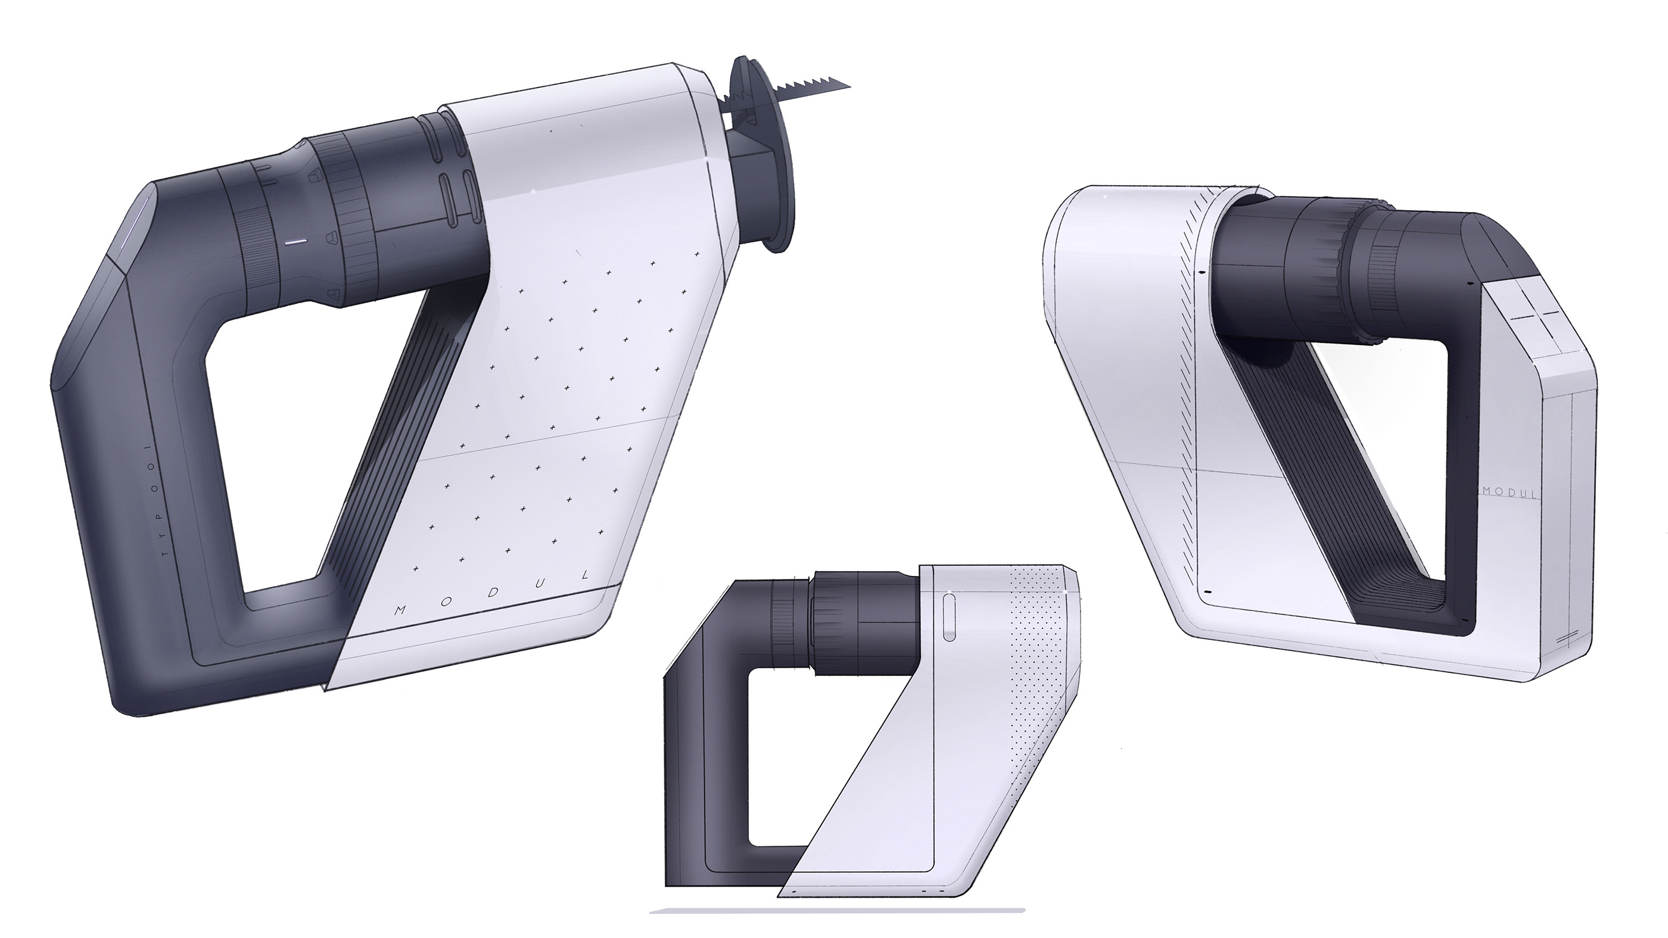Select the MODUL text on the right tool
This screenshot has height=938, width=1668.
(1509, 493)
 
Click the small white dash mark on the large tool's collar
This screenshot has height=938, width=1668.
(295, 242)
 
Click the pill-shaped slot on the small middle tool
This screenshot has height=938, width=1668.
(948, 619)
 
